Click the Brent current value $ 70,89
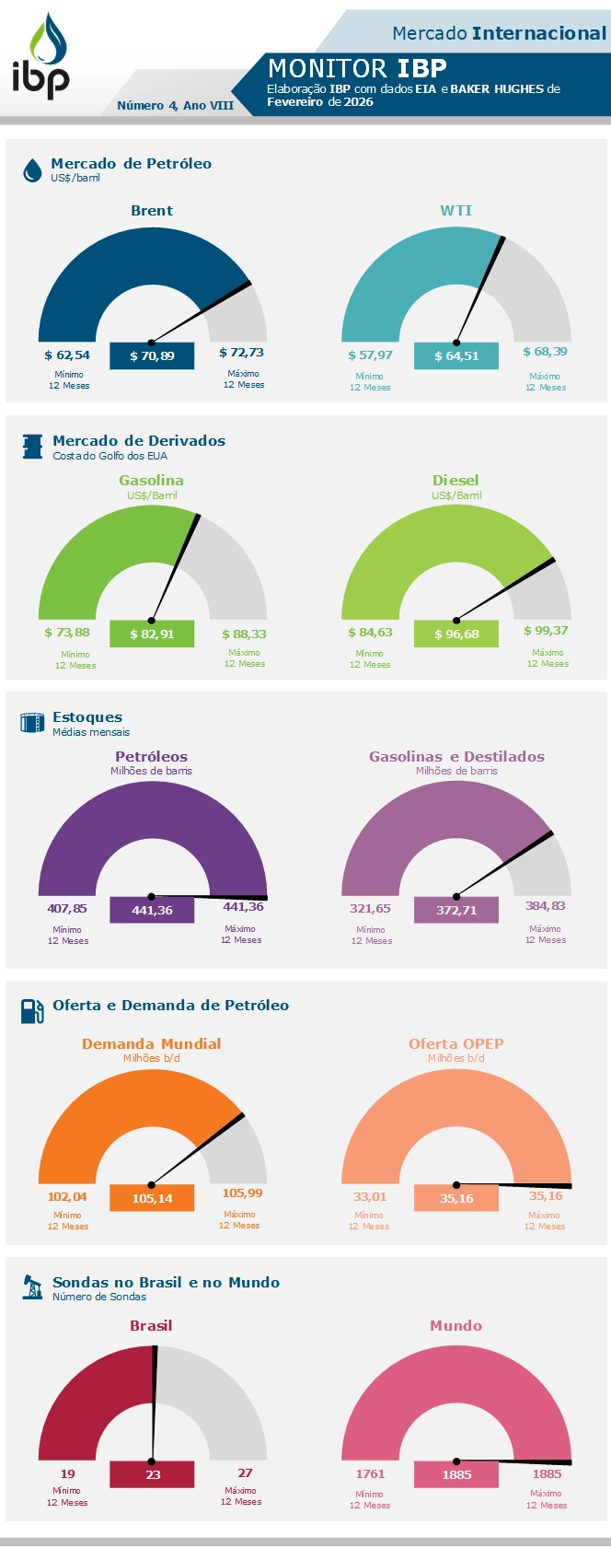tap(152, 355)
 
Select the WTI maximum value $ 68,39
tap(545, 352)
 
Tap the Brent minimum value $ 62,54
tap(67, 355)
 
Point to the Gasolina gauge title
tap(151, 480)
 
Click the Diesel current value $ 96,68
tap(456, 634)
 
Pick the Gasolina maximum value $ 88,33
tap(244, 634)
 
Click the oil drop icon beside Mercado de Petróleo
tap(32, 169)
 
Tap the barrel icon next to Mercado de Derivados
tap(32, 447)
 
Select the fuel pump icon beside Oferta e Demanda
tap(32, 1010)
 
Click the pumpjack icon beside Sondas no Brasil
tap(32, 1286)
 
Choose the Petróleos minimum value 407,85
tap(67, 908)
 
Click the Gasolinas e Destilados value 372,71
tap(456, 910)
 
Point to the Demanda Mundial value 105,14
tap(152, 1198)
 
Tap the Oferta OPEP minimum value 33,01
tap(370, 1196)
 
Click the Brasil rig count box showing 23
tap(152, 1474)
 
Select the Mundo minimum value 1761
tap(370, 1473)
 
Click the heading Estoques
tap(87, 716)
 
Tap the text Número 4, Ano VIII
tap(175, 105)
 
